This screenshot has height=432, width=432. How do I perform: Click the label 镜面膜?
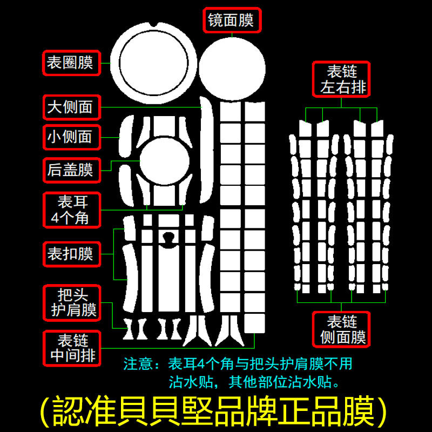pyautogui.click(x=231, y=21)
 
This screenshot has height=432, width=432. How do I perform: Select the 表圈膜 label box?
pyautogui.click(x=70, y=63)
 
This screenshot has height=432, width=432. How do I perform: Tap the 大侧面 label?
pyautogui.click(x=70, y=107)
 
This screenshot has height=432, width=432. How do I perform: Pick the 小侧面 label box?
pyautogui.click(x=70, y=137)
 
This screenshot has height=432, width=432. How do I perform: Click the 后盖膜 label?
pyautogui.click(x=70, y=170)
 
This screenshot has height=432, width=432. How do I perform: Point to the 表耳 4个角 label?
pyautogui.click(x=72, y=210)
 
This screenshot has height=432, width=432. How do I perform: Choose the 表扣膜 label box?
pyautogui.click(x=70, y=253)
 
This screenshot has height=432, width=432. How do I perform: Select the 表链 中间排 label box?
pyautogui.click(x=72, y=348)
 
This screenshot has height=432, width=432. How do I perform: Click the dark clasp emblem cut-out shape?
pyautogui.click(x=170, y=239)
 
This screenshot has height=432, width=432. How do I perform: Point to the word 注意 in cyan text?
pyautogui.click(x=140, y=364)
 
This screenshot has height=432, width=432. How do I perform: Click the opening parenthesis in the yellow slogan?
pyautogui.click(x=48, y=412)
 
